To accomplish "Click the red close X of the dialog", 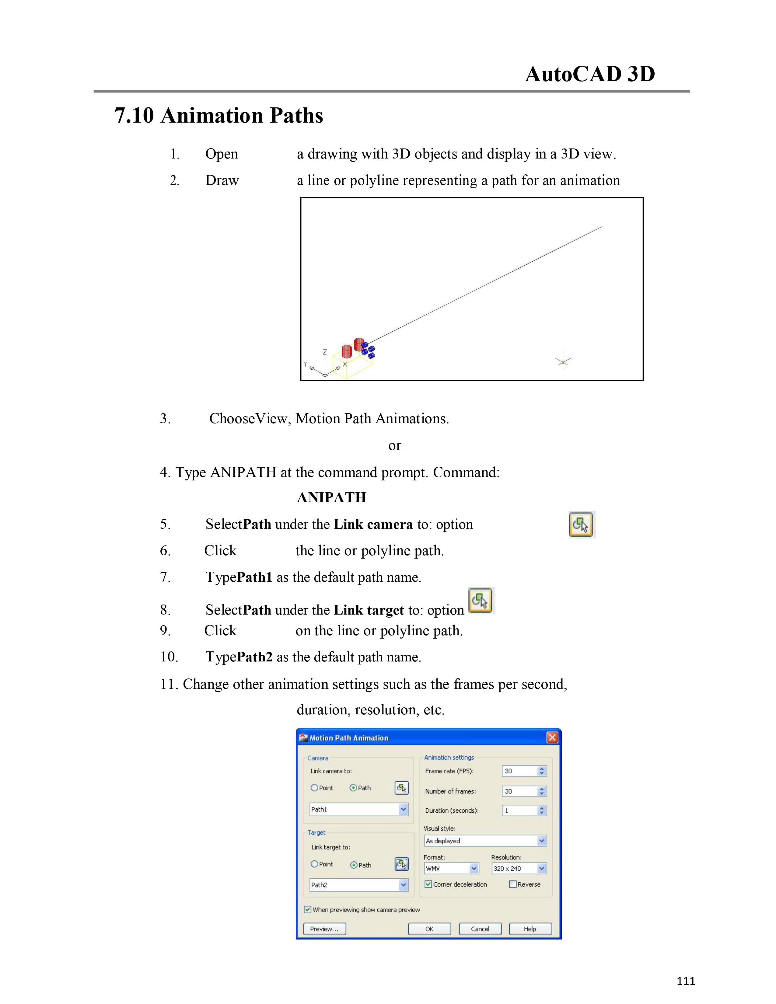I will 552,738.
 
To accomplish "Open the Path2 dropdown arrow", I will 403,885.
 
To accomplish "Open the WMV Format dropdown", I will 474,868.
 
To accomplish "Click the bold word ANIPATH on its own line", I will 331,497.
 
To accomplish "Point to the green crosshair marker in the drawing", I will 563,361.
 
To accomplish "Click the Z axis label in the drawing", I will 325,352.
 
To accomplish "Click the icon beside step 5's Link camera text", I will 582,525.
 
